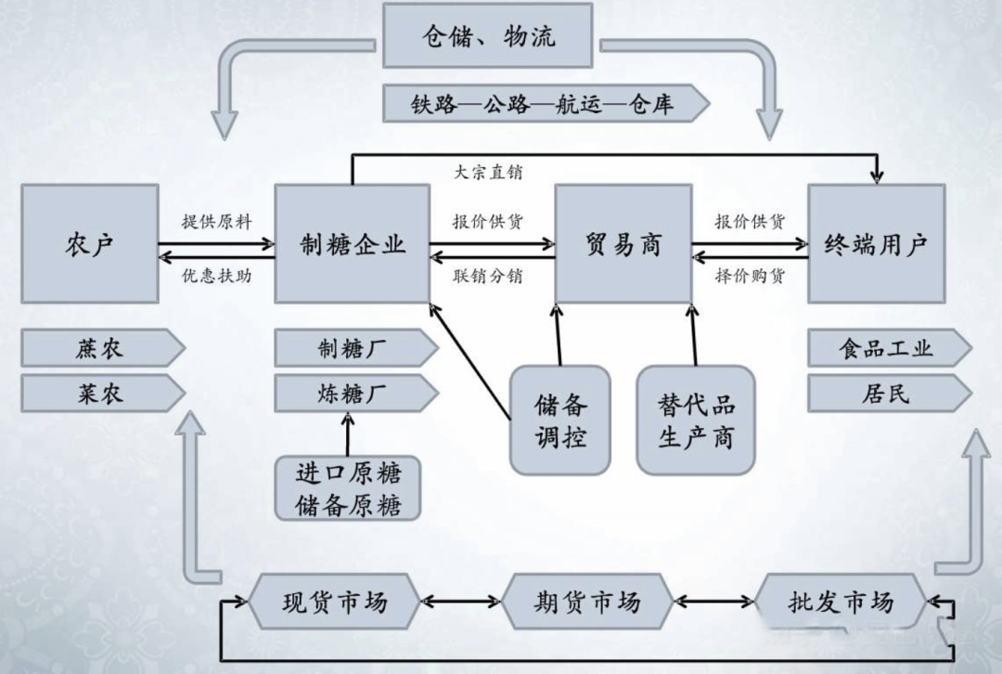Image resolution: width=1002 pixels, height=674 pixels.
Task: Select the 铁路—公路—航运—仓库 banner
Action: tap(543, 104)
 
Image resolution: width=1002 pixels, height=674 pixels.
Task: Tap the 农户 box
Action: tap(90, 243)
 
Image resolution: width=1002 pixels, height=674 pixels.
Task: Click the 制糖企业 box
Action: tap(353, 243)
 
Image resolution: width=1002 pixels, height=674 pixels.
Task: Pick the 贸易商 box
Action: tap(623, 243)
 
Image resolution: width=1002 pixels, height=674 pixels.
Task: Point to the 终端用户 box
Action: tap(876, 243)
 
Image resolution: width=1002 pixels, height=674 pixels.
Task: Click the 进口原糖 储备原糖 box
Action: tap(347, 488)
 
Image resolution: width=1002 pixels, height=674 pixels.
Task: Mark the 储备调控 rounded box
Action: tap(560, 420)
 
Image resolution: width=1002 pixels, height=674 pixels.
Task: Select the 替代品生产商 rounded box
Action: tap(696, 420)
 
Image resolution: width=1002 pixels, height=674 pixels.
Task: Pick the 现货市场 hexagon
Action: tap(334, 602)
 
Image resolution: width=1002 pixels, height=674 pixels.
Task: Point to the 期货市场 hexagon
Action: tap(586, 602)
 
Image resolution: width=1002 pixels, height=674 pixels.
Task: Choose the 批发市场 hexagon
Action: tap(840, 602)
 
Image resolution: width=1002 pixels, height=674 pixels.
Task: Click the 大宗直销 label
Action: tap(488, 172)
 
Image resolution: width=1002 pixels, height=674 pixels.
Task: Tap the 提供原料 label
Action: tap(216, 222)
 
